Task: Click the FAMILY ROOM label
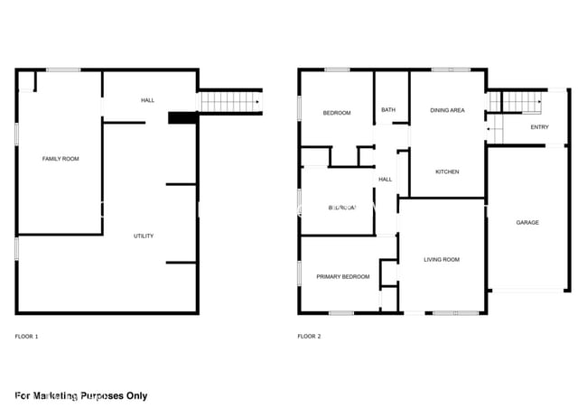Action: tap(61, 159)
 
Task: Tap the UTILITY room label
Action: tap(144, 236)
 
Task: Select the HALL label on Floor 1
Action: tap(148, 100)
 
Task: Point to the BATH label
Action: tap(388, 110)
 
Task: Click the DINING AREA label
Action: tap(447, 110)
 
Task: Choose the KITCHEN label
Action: tap(447, 171)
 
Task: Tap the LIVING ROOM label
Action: tap(442, 260)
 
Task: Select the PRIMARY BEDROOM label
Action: tap(343, 277)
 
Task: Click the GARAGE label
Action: tap(527, 222)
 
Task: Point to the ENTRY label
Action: tap(539, 127)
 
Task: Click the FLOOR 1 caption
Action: tap(27, 337)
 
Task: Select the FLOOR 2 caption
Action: tap(309, 337)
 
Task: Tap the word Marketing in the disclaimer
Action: tap(61, 395)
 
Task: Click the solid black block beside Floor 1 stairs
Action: tap(182, 117)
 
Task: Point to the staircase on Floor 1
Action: tap(228, 102)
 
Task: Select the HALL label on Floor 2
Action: tap(385, 180)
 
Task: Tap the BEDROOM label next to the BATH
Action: tap(337, 113)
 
